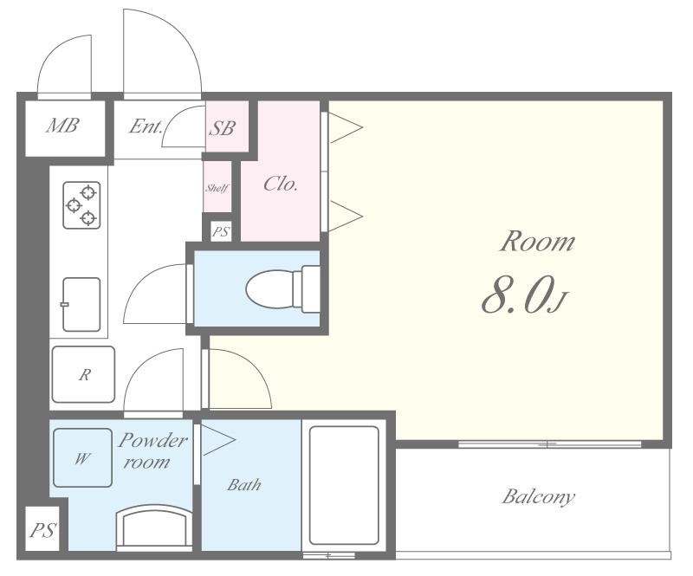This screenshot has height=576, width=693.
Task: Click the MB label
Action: point(62,126)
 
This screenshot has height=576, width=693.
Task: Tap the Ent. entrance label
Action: point(146,126)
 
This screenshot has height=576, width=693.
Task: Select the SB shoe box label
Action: point(222,128)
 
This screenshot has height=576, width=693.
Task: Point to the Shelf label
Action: point(217,188)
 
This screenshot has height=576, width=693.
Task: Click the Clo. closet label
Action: point(280,184)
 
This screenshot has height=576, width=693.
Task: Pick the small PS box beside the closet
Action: point(221,231)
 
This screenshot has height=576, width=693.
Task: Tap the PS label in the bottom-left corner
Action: point(42,529)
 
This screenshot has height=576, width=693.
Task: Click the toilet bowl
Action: point(282,289)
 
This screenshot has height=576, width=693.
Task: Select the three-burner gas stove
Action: point(81,205)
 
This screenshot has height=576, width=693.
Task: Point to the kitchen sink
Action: point(81,305)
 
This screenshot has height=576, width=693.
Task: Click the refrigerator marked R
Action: point(83,374)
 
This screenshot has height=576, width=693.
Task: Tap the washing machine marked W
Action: point(82,457)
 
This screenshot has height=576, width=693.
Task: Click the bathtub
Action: point(344,485)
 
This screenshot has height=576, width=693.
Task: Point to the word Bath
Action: point(244,485)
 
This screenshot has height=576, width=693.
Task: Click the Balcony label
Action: point(538,497)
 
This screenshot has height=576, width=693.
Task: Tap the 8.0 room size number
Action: point(516,294)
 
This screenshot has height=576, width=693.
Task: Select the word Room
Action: point(537,242)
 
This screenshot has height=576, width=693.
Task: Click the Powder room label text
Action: point(152,451)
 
